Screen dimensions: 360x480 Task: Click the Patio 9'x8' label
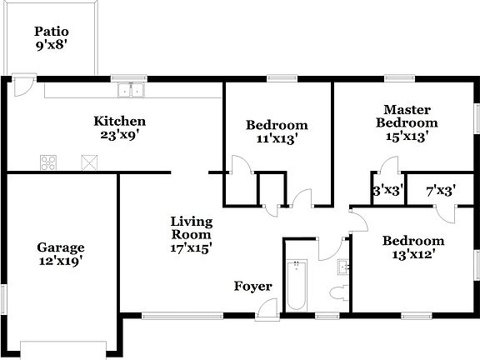[51, 39]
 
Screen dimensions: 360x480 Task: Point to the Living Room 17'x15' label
[192, 234]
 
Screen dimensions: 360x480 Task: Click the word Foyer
[252, 287]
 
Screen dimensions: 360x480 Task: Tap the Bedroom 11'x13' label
[277, 132]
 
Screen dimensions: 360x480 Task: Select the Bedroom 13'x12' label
[413, 248]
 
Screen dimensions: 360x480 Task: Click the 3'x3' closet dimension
[387, 190]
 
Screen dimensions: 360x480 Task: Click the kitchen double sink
[131, 91]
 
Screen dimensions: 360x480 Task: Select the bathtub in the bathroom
[297, 286]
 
